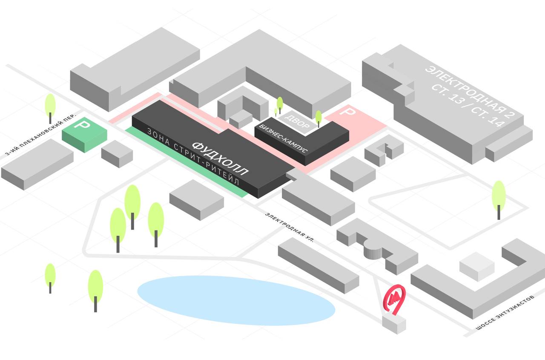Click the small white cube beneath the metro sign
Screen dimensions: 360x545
point(394,324)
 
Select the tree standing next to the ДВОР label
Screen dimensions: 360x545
point(318,118)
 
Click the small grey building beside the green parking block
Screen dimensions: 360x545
point(117,153)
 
